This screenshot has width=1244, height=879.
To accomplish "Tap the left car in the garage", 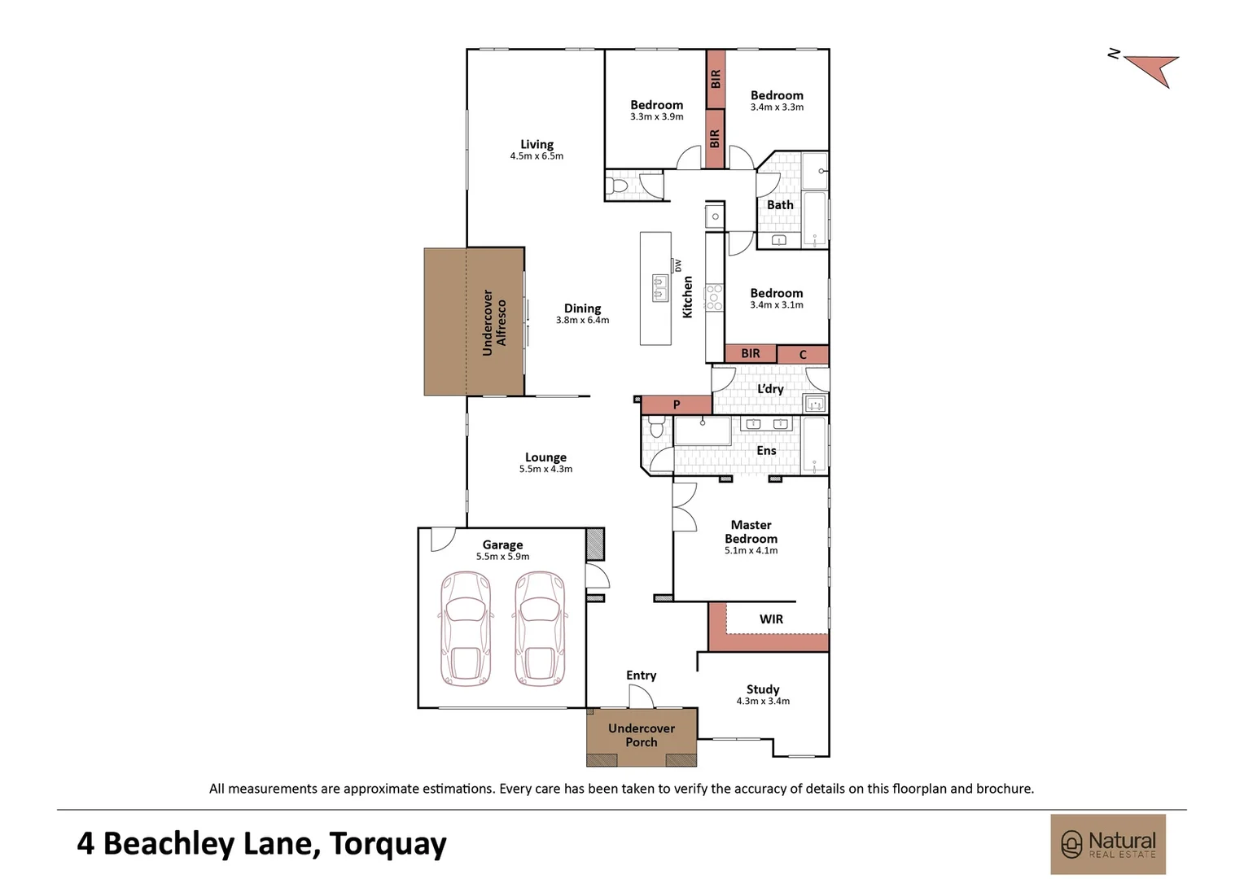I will pos(466,628).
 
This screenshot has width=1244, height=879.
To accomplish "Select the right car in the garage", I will pos(540,628).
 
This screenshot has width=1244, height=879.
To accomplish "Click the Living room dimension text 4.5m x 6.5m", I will pos(537,156).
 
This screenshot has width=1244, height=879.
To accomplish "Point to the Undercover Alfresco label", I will pos(494,322).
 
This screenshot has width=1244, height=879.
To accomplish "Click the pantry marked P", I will pos(676,405).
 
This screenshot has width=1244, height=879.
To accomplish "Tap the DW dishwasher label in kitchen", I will pos(678,266).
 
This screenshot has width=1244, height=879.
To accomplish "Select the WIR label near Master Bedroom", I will pos(771,619).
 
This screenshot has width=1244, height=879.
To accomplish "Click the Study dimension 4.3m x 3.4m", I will pos(763,701).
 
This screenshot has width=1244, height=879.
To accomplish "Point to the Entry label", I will pos(641,676).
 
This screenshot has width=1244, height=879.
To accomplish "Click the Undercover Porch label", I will pos(642,735).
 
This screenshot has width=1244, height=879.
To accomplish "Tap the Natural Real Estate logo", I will pos(1108,844).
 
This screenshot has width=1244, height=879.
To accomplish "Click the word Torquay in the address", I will pos(388,844).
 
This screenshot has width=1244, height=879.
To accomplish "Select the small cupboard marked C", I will pos(803,355).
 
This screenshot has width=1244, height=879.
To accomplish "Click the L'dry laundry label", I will pos(770,389).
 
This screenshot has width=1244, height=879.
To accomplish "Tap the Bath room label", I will pos(780,205).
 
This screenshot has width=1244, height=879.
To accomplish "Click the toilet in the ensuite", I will pos(657,427).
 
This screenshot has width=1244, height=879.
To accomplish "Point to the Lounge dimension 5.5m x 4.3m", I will pos(545,470).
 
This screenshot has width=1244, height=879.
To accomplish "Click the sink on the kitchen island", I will pos(659,286).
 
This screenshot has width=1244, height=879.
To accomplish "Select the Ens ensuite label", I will pos(766,451).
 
